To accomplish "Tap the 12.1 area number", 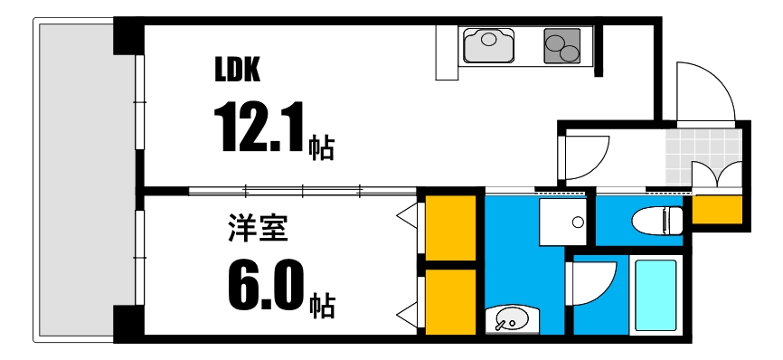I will tap(257, 128).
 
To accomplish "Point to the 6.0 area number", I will tap(263, 287).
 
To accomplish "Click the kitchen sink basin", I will tap(488, 44).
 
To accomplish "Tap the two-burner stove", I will tap(561, 45).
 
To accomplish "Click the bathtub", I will tap(655, 296).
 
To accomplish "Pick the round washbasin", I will tap(512, 319).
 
